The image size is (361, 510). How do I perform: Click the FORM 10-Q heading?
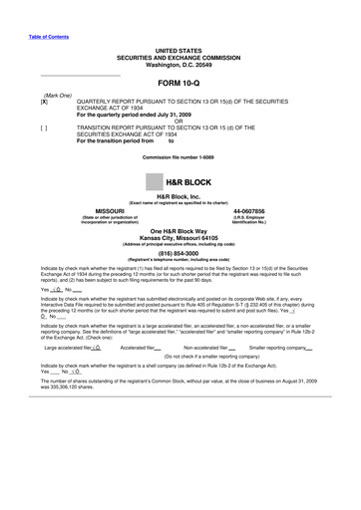click(180, 83)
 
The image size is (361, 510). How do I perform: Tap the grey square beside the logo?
click(154, 182)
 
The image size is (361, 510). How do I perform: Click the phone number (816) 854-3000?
click(180, 253)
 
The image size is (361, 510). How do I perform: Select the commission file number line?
click(180, 158)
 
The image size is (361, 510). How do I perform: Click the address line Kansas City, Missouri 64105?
click(180, 238)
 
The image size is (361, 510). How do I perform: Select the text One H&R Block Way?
click(180, 231)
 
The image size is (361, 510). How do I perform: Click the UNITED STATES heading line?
click(180, 50)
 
